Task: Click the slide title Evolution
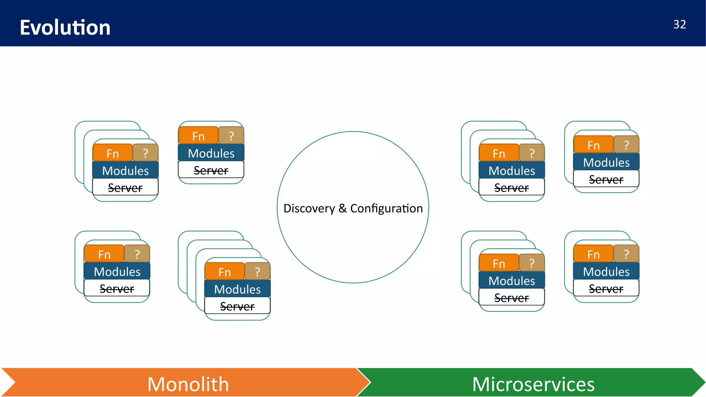click(65, 28)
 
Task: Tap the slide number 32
click(679, 24)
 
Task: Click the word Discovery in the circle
click(309, 208)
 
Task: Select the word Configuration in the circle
click(386, 208)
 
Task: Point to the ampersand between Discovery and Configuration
click(342, 208)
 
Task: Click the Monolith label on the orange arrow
click(188, 384)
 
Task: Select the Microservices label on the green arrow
click(533, 384)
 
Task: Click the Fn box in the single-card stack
click(198, 136)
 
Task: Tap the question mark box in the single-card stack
click(231, 136)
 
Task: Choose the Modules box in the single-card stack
click(211, 153)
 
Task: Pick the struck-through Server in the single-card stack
click(211, 170)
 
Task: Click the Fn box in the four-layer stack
click(224, 272)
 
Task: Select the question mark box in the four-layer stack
click(258, 272)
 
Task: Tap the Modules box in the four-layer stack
click(237, 289)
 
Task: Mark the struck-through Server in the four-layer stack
click(237, 306)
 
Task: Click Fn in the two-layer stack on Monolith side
click(104, 254)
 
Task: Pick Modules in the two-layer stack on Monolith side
click(117, 272)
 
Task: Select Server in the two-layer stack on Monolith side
click(117, 289)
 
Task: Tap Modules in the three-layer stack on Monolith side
click(125, 171)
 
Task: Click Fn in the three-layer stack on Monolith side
click(112, 153)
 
